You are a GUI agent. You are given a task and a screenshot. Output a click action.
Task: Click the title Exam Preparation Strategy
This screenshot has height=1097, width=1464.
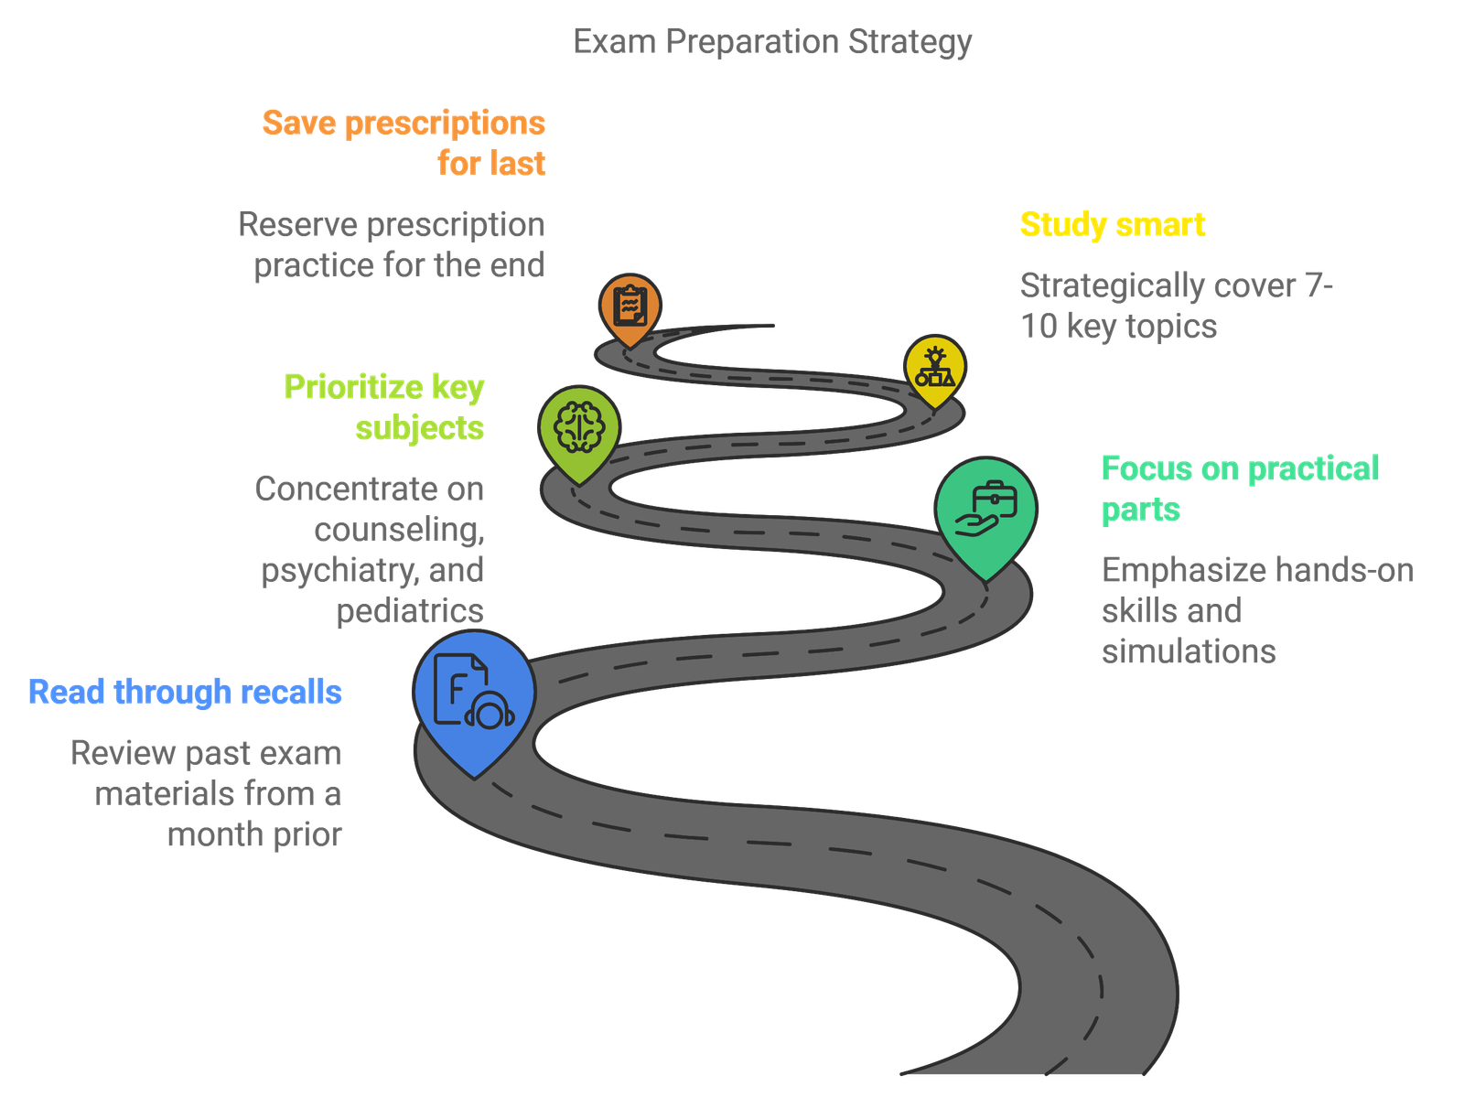click(x=771, y=42)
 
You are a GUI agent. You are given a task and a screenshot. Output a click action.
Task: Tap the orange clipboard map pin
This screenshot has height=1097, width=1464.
click(x=630, y=308)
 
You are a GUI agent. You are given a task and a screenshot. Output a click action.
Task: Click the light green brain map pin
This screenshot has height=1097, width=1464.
click(x=579, y=432)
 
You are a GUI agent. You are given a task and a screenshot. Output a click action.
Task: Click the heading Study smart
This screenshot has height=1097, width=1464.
click(x=1113, y=225)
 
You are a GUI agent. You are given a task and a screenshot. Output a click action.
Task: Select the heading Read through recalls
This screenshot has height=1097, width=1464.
click(x=185, y=693)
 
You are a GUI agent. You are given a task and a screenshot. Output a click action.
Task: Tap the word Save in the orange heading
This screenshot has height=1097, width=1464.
click(x=299, y=124)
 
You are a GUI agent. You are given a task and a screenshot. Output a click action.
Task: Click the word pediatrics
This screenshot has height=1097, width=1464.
click(x=410, y=611)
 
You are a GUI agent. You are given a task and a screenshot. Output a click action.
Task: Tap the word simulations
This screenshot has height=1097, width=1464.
click(x=1189, y=651)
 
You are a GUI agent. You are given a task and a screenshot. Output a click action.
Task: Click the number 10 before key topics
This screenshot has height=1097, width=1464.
click(x=1039, y=327)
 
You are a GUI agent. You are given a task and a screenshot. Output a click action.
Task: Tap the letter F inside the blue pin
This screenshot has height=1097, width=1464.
click(x=457, y=690)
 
